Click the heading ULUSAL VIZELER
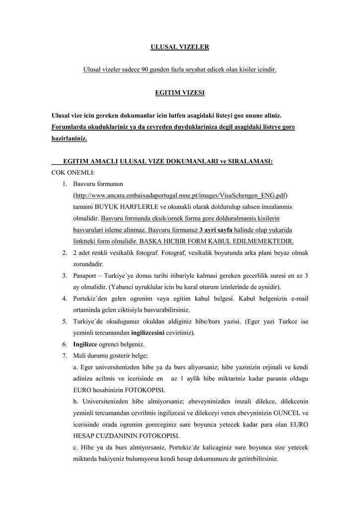(x=180, y=47)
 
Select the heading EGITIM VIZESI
(x=180, y=93)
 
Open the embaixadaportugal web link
(x=180, y=195)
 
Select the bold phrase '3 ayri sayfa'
(x=216, y=230)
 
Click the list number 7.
(x=65, y=356)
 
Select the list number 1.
(x=65, y=184)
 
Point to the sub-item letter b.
(x=74, y=402)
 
